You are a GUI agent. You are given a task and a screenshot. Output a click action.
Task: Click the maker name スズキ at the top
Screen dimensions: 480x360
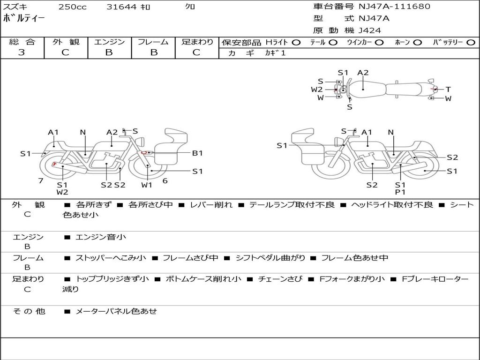pos(16,7)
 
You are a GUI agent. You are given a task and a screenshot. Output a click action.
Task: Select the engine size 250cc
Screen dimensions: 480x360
pos(72,7)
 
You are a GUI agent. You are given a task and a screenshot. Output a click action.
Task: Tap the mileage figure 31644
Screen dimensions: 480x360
pos(121,7)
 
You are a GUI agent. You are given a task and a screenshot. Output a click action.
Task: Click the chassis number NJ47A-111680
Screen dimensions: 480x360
pos(394,7)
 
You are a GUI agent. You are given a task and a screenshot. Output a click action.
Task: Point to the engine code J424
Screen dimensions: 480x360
pos(370,30)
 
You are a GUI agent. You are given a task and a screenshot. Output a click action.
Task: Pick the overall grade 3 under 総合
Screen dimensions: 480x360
pos(22,52)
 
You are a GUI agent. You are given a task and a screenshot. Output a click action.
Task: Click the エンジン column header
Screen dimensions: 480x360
pos(109,42)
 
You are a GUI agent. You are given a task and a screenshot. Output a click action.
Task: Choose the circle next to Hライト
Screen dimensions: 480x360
pos(296,42)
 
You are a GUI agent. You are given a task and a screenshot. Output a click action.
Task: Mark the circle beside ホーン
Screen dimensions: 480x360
pos(418,42)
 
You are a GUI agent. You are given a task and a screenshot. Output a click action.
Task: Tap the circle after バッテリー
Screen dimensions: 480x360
pos(471,42)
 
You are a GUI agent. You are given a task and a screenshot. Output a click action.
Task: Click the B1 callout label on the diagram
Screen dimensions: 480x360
pos(197,153)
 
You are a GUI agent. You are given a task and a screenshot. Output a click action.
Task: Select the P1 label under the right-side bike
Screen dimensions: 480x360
pos(400,192)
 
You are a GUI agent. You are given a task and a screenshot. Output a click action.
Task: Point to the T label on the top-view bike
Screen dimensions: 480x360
pos(448,89)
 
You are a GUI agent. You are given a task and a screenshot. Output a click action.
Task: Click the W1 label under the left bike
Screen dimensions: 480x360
pos(147,185)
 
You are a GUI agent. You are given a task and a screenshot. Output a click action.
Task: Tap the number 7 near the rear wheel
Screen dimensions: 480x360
pos(41,181)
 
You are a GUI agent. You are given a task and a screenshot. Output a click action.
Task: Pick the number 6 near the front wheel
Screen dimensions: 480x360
pos(165,180)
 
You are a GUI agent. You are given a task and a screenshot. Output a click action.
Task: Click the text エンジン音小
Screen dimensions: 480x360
pos(101,237)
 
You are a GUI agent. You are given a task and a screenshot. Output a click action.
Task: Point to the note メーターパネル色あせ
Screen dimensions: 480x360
pos(116,311)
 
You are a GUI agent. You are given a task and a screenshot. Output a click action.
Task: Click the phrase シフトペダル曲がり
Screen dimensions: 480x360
pos(270,258)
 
